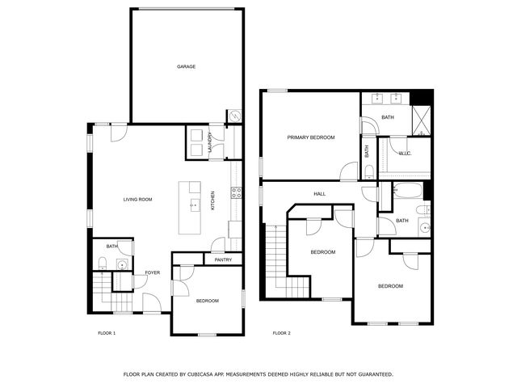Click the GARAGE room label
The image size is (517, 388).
click(187, 66)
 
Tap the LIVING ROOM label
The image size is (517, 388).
click(138, 200)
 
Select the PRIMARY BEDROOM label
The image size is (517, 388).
click(311, 137)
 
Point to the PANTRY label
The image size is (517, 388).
click(223, 259)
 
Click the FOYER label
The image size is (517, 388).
click(153, 272)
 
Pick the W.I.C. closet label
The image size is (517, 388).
click(405, 154)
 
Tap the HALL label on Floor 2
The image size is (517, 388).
click(320, 194)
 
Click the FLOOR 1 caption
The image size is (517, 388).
click(107, 333)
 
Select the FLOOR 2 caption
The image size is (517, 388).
click(282, 333)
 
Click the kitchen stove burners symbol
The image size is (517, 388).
click(236, 192)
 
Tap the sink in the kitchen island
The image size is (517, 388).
click(195, 205)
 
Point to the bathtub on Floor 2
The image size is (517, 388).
click(408, 191)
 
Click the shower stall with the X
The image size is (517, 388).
click(422, 120)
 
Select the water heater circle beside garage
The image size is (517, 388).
click(235, 116)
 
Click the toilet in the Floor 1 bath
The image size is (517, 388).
click(103, 264)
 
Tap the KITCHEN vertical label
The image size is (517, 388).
click(212, 200)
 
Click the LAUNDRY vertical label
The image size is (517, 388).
click(209, 142)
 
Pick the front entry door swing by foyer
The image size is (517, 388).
click(152, 302)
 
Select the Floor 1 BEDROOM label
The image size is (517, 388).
click(208, 301)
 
